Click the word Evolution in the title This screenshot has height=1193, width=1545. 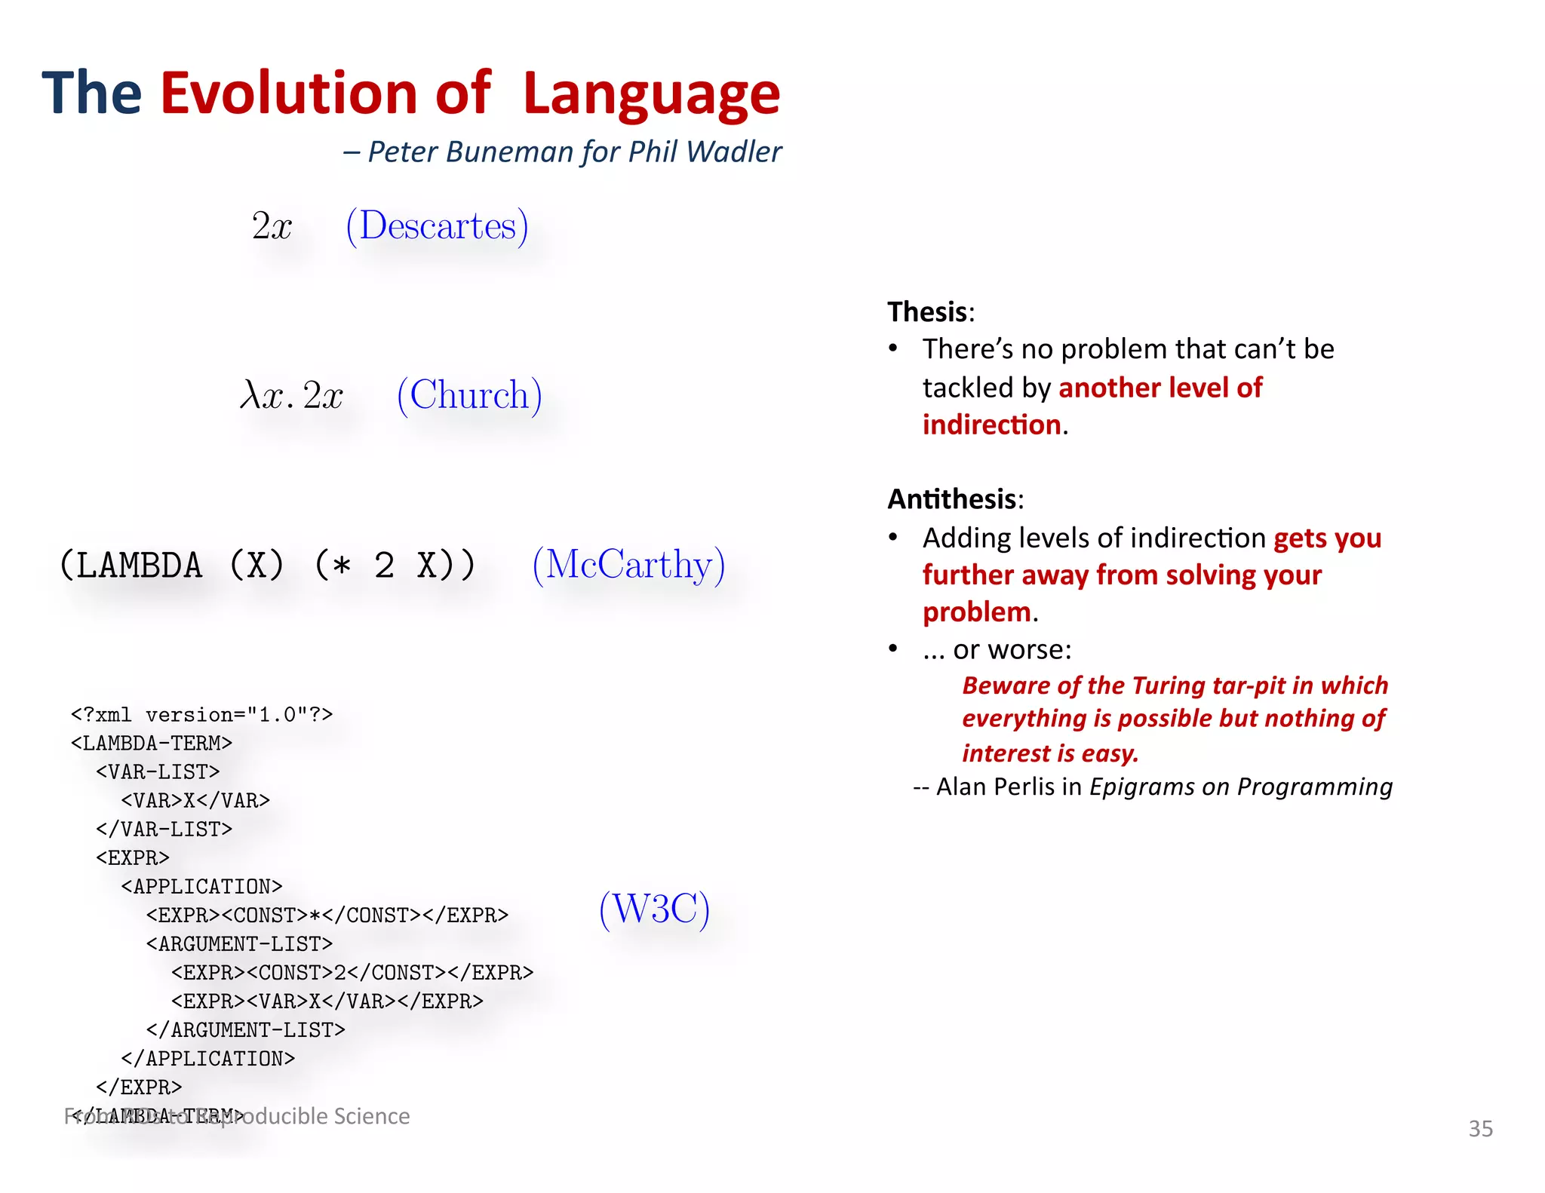(289, 94)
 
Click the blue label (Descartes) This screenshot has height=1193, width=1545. (437, 225)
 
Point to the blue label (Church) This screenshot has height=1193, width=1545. (469, 395)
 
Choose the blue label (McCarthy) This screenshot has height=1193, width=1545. (628, 565)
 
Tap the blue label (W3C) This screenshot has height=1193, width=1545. (654, 909)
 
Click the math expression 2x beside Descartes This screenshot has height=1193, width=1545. (272, 225)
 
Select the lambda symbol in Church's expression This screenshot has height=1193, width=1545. (250, 394)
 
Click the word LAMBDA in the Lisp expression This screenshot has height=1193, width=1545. (140, 566)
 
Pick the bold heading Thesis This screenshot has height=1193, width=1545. (927, 311)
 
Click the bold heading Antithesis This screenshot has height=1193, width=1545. (951, 499)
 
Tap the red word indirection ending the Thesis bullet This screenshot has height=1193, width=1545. (991, 425)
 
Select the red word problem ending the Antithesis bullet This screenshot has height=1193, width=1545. (976, 612)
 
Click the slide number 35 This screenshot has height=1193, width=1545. (1480, 1128)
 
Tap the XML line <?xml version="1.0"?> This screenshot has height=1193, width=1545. (201, 714)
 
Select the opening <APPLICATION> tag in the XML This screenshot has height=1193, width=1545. (201, 886)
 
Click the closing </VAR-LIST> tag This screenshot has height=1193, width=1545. (164, 829)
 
